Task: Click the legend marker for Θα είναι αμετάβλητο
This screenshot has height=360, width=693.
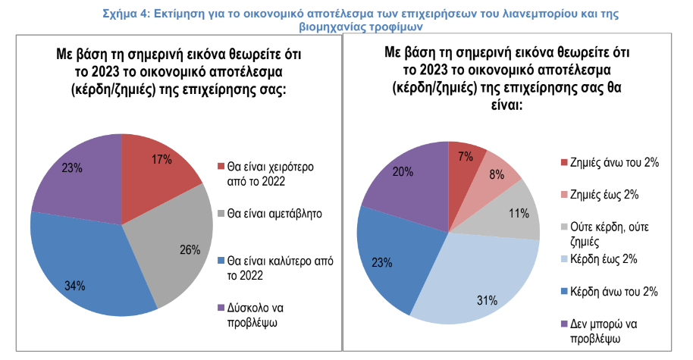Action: click(x=221, y=214)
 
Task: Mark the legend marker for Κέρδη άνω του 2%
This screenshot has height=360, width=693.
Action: click(x=563, y=292)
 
